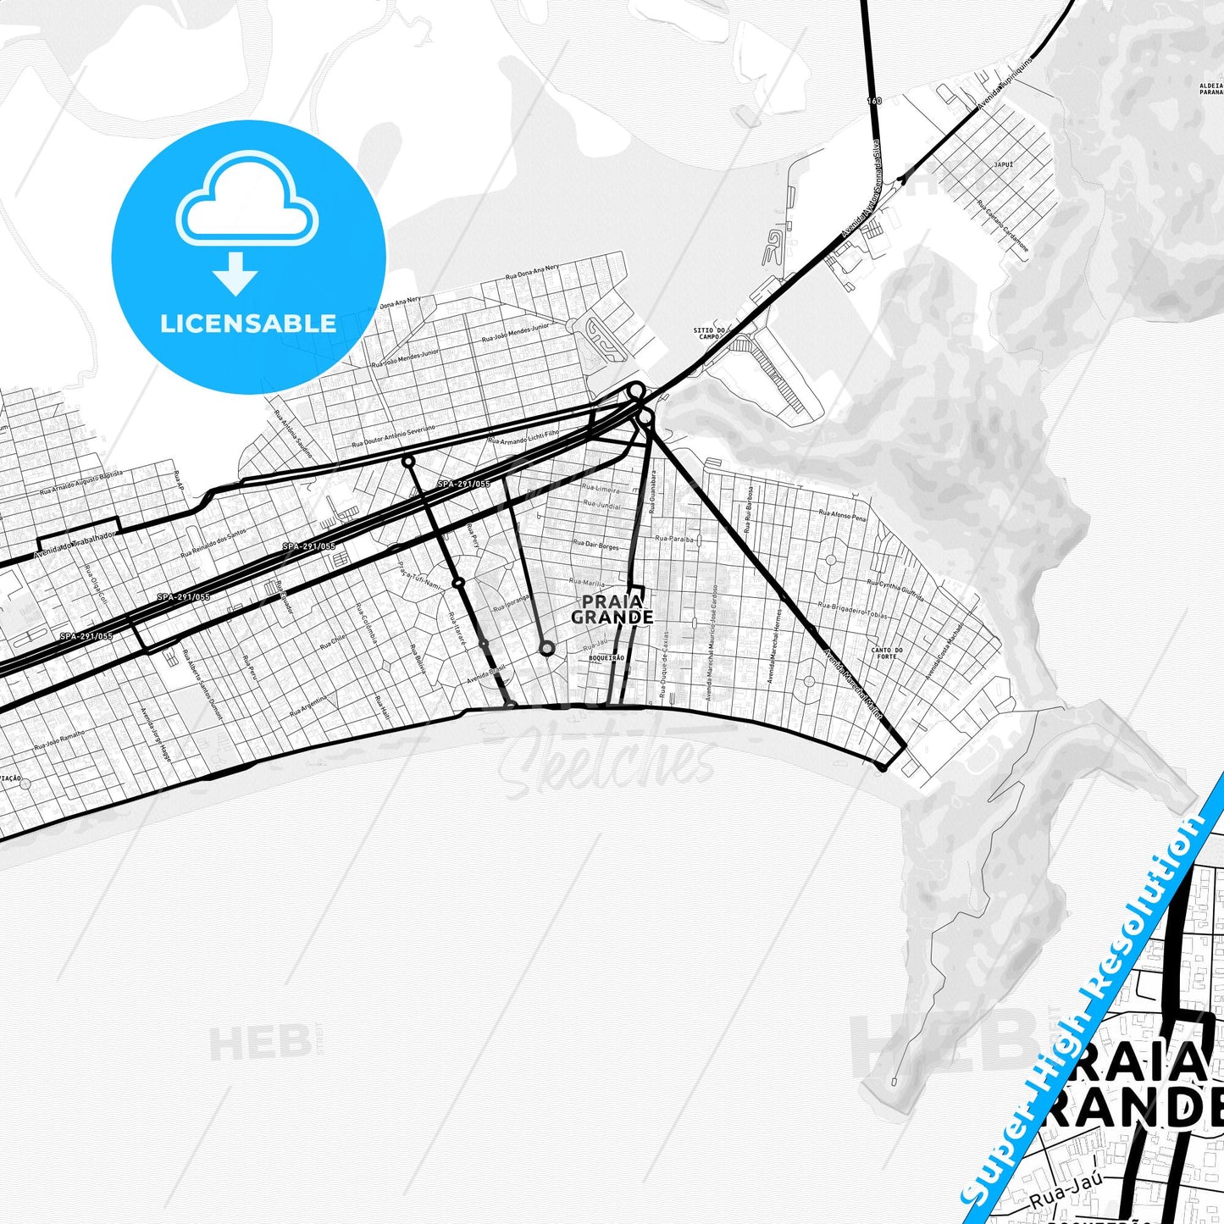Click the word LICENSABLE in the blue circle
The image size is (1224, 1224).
[248, 324]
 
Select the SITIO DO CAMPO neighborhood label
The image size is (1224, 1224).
[709, 333]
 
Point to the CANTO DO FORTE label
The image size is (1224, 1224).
[887, 653]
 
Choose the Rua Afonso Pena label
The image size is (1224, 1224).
[842, 514]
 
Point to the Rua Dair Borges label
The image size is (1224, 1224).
[595, 545]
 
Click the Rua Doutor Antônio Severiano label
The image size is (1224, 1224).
[393, 437]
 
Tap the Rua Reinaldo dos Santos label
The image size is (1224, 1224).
[213, 541]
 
